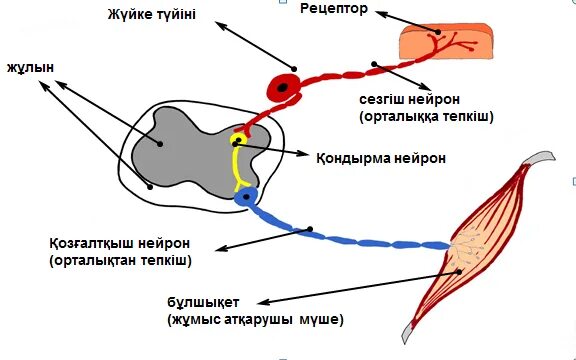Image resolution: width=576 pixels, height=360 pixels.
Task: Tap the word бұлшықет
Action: tap(204, 303)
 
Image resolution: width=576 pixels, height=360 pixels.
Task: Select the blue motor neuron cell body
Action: tap(244, 197)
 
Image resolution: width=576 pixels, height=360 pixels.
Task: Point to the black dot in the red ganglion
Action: tap(283, 88)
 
